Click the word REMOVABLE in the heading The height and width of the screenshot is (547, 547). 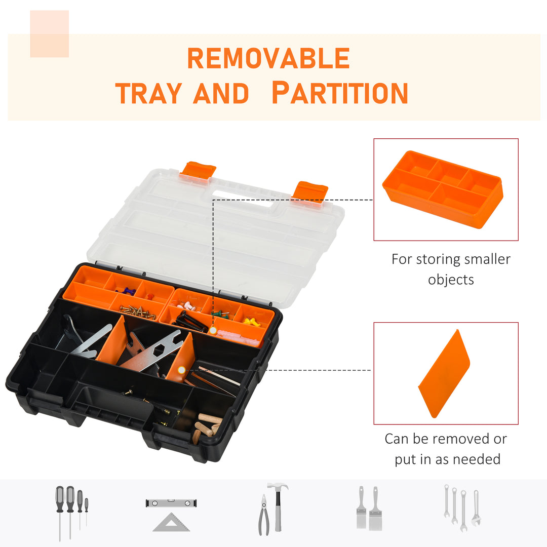pyautogui.click(x=268, y=59)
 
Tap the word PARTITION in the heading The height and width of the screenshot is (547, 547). pyautogui.click(x=339, y=93)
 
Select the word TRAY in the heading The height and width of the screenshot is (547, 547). pyautogui.click(x=148, y=93)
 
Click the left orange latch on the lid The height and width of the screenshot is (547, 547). pyautogui.click(x=198, y=170)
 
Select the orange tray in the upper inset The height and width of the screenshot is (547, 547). pyautogui.click(x=443, y=189)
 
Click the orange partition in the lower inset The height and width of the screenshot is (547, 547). pyautogui.click(x=444, y=374)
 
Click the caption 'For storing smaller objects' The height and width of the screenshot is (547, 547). pyautogui.click(x=451, y=269)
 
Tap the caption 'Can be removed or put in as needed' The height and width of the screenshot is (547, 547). pyautogui.click(x=446, y=449)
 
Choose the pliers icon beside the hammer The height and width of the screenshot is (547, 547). pyautogui.click(x=263, y=516)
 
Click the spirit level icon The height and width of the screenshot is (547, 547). pyautogui.click(x=171, y=503)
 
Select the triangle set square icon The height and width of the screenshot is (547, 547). pyautogui.click(x=171, y=522)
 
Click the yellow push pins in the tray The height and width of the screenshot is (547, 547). pyautogui.click(x=250, y=322)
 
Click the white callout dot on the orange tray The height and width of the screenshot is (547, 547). pyautogui.click(x=213, y=331)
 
